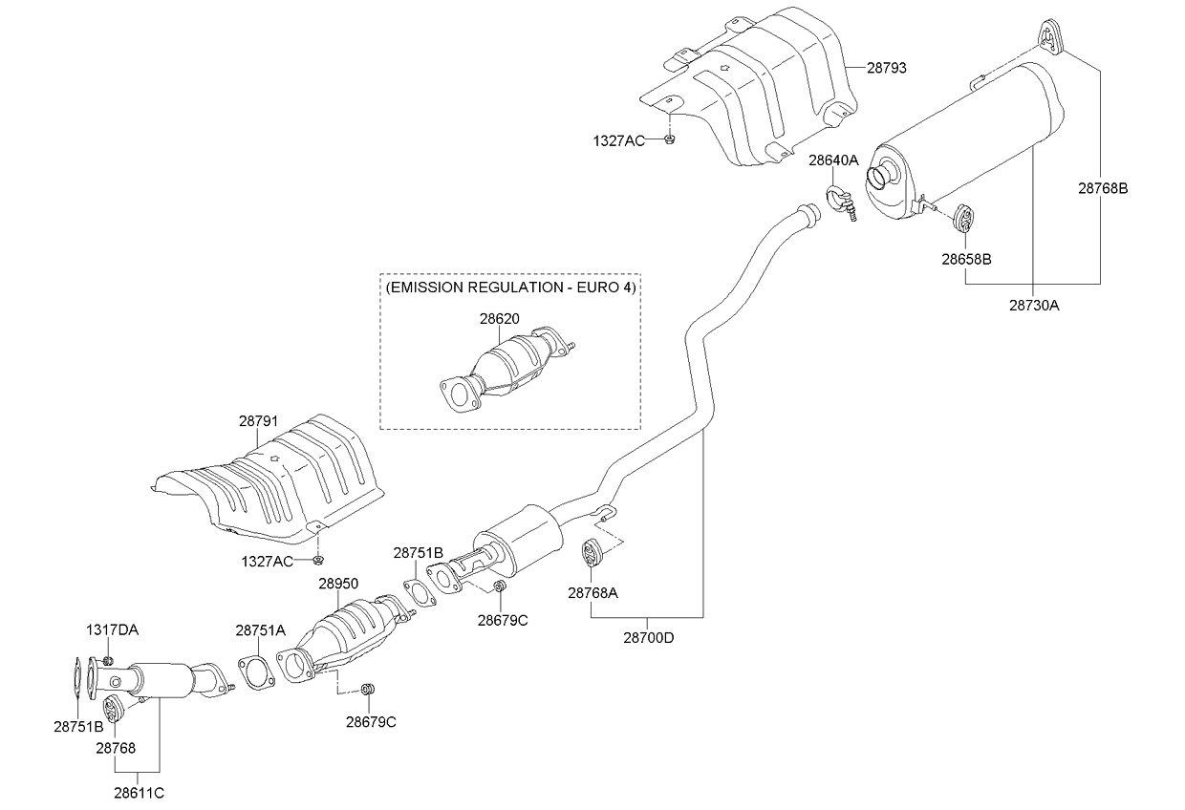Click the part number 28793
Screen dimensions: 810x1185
click(x=887, y=69)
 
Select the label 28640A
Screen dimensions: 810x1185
click(x=833, y=161)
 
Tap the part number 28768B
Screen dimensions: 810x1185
click(x=1104, y=188)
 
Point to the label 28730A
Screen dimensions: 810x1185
click(x=1034, y=306)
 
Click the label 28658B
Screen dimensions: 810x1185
click(x=965, y=259)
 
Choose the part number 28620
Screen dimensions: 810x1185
click(x=500, y=319)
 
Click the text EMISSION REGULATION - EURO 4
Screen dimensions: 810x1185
click(x=510, y=287)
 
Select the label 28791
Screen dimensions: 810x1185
click(x=258, y=419)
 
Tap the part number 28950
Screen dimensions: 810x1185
click(x=338, y=583)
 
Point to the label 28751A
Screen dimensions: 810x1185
click(x=260, y=630)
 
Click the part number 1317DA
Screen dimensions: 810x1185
click(x=112, y=629)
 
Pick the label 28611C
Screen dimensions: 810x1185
click(x=139, y=792)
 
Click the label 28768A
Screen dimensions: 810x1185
click(x=592, y=592)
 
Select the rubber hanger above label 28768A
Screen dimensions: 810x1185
click(x=592, y=552)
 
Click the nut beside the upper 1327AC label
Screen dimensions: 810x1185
click(x=670, y=140)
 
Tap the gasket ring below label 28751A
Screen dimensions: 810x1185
click(x=253, y=671)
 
